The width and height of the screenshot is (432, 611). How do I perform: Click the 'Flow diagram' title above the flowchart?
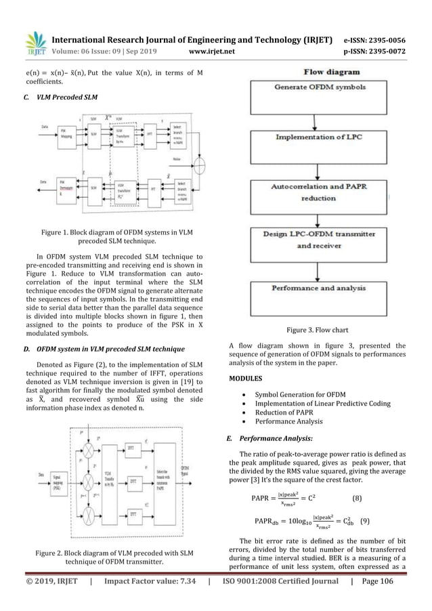point(318,69)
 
